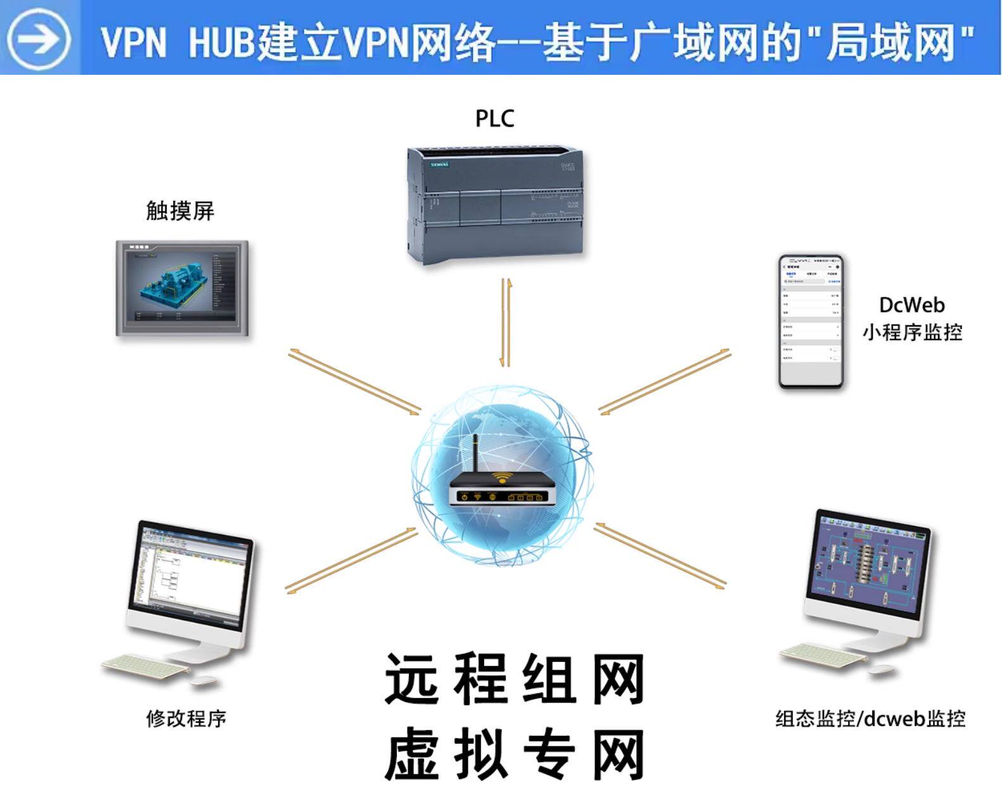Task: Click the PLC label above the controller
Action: pos(494,119)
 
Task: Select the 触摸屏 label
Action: pos(180,211)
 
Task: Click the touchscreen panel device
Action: pos(182,288)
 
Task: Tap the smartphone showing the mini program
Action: pos(811,321)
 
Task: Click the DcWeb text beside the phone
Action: pos(911,305)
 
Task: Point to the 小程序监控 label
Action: pos(911,332)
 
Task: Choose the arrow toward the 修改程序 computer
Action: pos(350,560)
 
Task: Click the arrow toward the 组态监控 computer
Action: pos(660,555)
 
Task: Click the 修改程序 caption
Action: pos(186,718)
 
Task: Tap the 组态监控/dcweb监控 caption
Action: pos(870,718)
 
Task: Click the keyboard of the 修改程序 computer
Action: pos(145,665)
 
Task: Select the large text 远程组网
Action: pos(514,680)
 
